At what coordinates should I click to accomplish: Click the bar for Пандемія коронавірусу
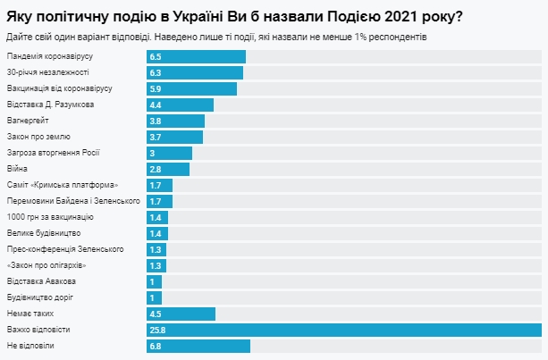coord(196,57)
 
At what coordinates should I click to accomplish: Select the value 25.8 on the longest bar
coord(160,330)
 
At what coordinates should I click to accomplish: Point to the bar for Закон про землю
coord(174,137)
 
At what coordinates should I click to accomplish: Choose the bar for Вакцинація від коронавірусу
coord(191,88)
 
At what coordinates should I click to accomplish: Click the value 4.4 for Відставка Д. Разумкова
coord(156,105)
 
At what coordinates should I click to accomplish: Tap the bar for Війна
coord(168,169)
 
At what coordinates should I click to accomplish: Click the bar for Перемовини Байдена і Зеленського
coord(159,201)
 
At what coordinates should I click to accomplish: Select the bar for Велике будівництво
coord(157,233)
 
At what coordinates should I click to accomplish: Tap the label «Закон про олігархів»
coord(46,265)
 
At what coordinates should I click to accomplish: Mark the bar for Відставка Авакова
coord(154,281)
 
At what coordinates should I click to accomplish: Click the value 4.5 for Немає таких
coord(156,314)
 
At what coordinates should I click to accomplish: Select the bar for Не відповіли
coord(198,346)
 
